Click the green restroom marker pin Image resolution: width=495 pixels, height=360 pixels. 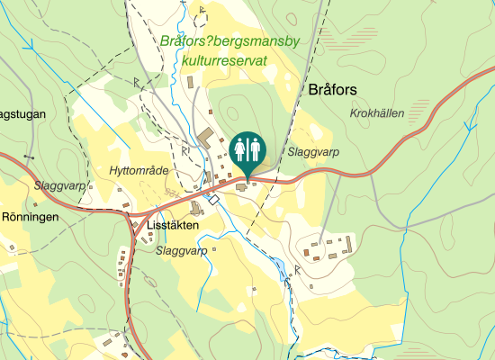coord(247,149)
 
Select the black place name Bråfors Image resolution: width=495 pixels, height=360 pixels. coord(333,90)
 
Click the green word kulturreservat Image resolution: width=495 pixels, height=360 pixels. coord(225,59)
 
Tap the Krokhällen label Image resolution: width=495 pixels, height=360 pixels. coord(377,113)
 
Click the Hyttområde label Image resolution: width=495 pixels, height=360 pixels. coord(138,170)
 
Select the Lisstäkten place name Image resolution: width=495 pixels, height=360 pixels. coord(172,227)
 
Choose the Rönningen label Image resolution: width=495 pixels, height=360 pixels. coord(30,218)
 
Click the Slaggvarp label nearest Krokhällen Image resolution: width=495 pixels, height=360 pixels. coord(312,153)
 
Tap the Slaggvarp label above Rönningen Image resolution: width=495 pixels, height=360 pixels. coord(59,185)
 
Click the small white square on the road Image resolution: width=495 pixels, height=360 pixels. coord(214,200)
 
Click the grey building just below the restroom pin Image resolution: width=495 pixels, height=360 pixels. coord(242,186)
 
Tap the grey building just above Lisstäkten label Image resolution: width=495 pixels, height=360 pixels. coord(197,210)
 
